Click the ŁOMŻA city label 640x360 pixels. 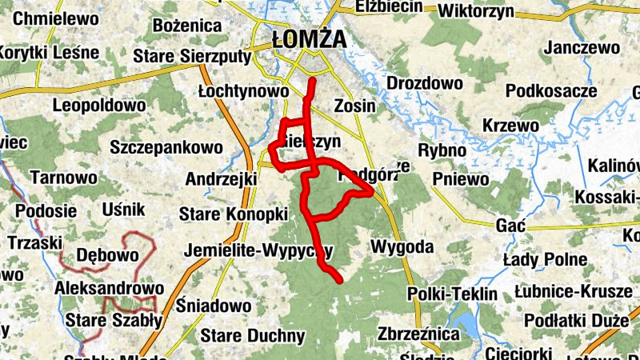point(309,38)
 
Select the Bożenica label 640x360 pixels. point(186,26)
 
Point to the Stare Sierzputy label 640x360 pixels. point(191,56)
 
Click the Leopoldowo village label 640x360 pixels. point(98,105)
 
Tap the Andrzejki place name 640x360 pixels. point(220,178)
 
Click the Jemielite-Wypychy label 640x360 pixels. point(258,250)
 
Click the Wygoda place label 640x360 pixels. point(402,246)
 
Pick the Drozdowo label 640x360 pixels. point(425,83)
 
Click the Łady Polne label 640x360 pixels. point(545,260)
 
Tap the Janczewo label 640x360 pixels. point(582,47)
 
